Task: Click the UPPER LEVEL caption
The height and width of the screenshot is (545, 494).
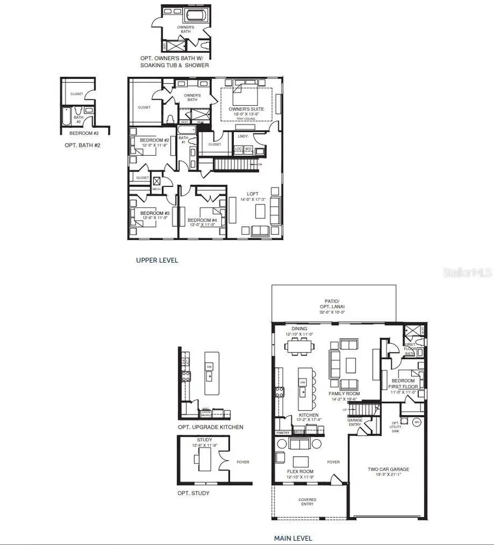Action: (x=157, y=260)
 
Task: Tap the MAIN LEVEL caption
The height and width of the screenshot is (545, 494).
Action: (x=293, y=538)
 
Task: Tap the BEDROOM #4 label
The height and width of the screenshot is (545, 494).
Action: (x=201, y=222)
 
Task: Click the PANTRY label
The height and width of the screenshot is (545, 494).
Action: (x=283, y=433)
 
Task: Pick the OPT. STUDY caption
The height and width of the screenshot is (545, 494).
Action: (x=193, y=493)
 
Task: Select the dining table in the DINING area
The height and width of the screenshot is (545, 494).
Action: (x=299, y=346)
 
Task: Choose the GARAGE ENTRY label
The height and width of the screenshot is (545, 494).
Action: (x=355, y=422)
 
